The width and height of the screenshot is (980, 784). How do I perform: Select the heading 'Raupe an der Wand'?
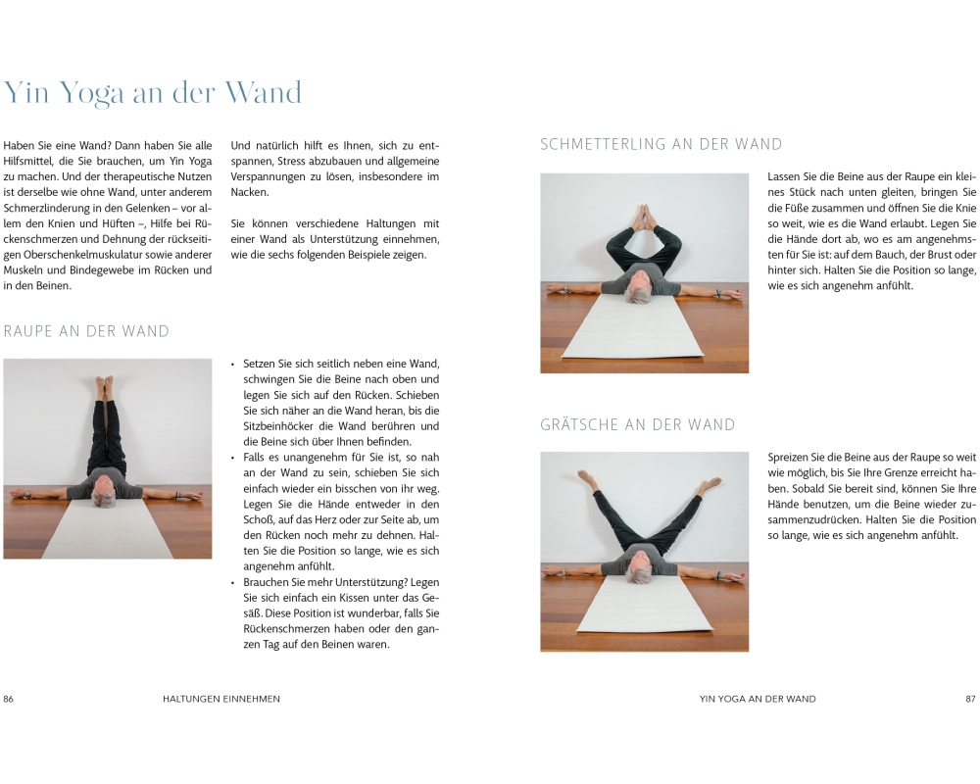coord(86,331)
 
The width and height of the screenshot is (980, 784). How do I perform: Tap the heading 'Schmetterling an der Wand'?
coord(661,144)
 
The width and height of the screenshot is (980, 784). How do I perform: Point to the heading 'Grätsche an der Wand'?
coord(638,425)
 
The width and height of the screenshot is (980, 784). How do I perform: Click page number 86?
coord(8,699)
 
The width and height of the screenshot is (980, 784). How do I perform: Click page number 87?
coord(970,699)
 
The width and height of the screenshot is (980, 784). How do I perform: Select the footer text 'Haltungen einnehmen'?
coord(221,699)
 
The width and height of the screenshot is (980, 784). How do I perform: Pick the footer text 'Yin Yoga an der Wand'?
coord(758,699)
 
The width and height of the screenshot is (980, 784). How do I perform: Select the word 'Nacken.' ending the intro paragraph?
coord(250,192)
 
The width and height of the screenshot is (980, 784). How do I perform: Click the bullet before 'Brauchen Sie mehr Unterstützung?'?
coord(234,583)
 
